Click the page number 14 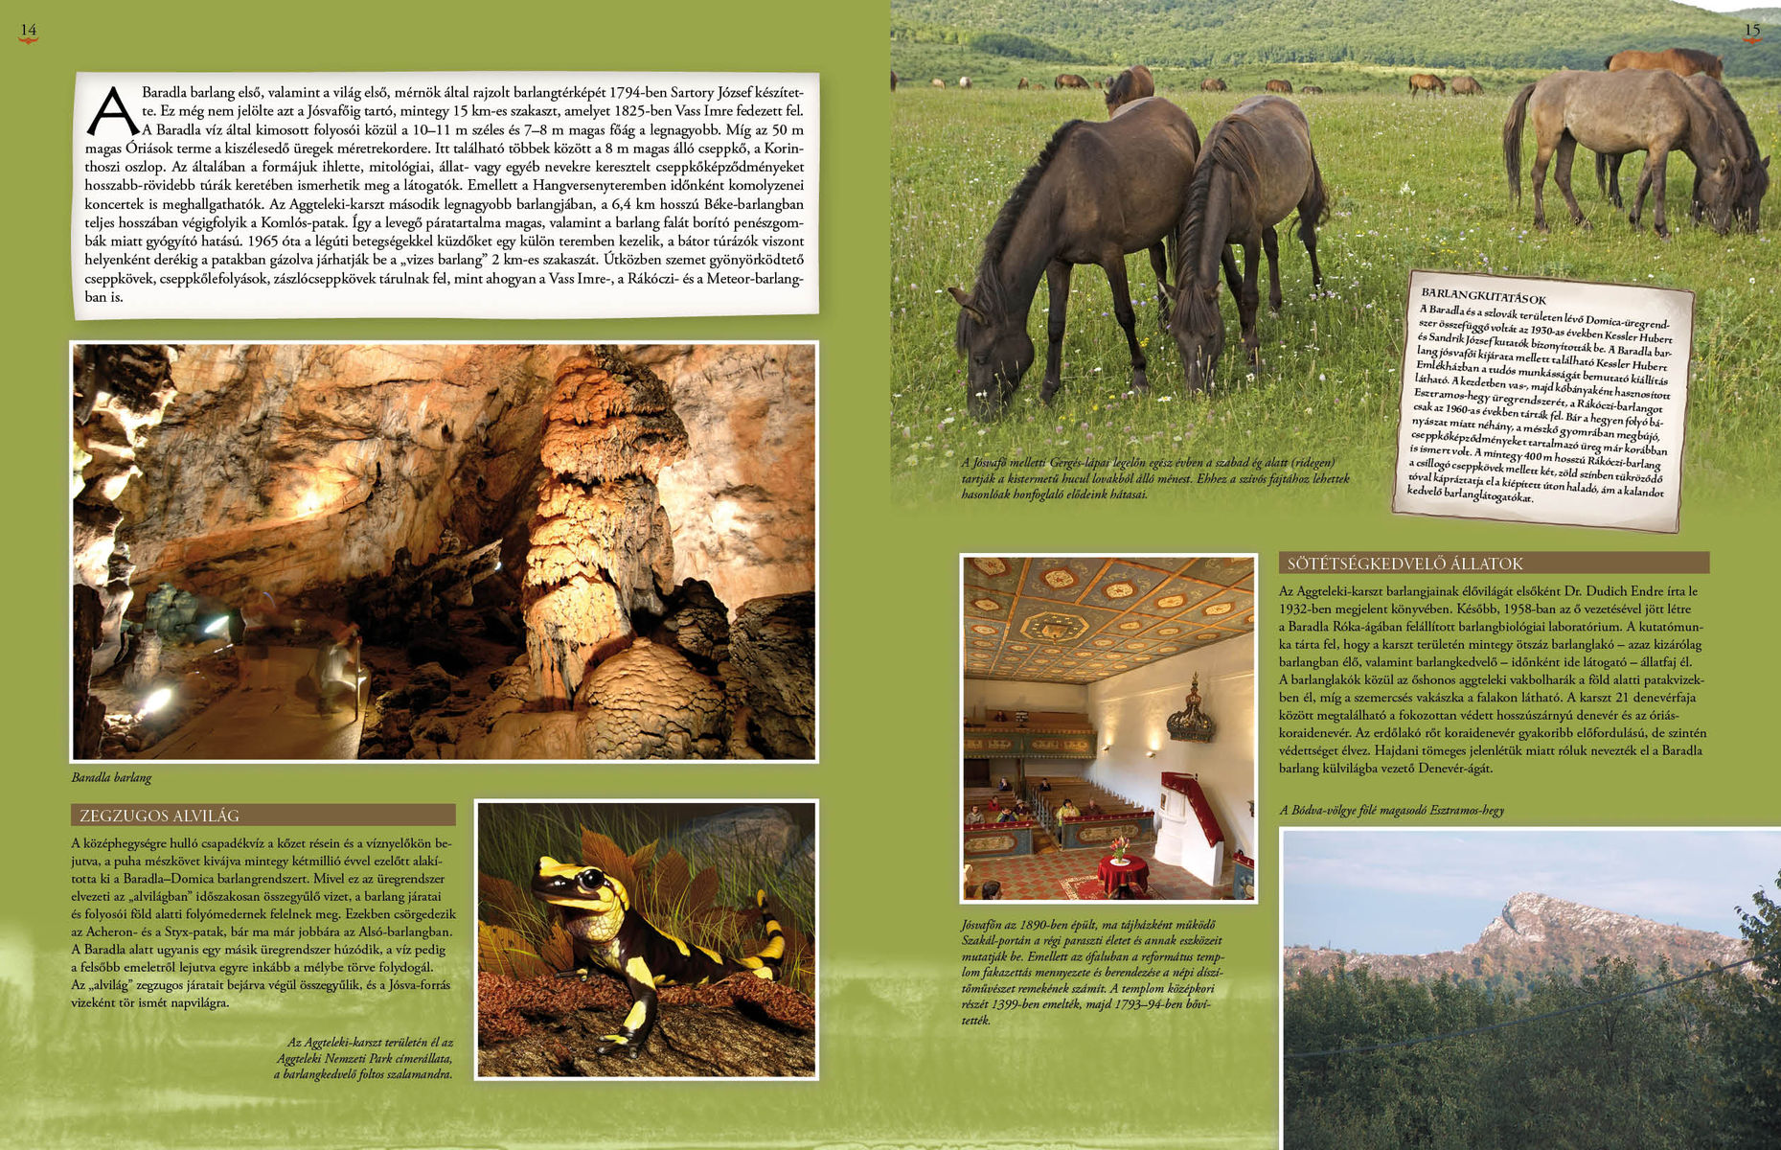pyautogui.click(x=29, y=30)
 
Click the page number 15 pyautogui.click(x=1751, y=30)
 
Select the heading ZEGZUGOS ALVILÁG pyautogui.click(x=160, y=816)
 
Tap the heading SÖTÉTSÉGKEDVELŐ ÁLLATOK pyautogui.click(x=1404, y=563)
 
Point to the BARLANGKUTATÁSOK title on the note pyautogui.click(x=1483, y=297)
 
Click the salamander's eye pyautogui.click(x=592, y=878)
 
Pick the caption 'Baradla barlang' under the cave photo pyautogui.click(x=111, y=777)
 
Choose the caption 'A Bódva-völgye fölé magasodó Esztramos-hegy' pyautogui.click(x=1391, y=810)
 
